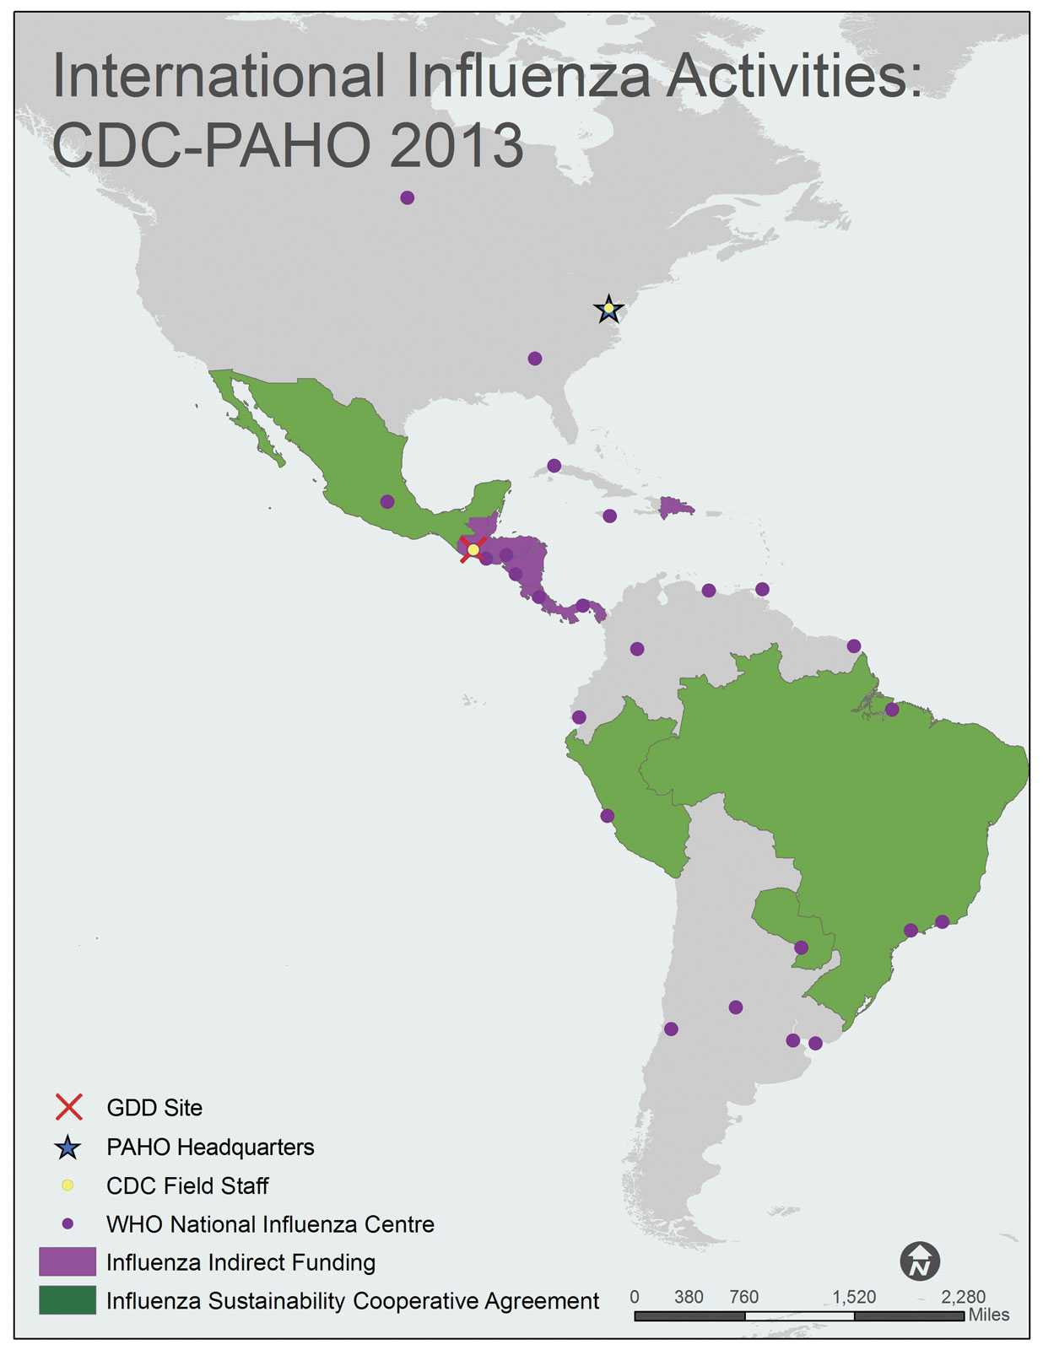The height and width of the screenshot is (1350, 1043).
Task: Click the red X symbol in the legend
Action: coord(68,1107)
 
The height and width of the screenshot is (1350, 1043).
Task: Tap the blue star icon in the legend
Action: coord(68,1147)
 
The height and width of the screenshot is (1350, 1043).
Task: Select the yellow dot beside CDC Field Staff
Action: coord(68,1185)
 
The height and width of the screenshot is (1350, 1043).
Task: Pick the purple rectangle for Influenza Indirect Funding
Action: coord(68,1262)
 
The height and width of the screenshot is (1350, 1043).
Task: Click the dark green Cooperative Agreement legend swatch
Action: coord(68,1300)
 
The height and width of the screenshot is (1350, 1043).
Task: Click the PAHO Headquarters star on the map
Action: coord(608,310)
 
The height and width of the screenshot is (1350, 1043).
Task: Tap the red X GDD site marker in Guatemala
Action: coord(473,549)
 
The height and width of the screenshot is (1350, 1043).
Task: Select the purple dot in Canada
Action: coord(407,197)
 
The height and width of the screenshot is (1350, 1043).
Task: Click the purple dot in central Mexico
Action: coord(387,501)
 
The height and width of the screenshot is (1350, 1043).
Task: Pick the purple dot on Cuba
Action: coord(554,466)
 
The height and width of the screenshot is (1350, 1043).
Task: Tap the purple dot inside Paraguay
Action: coord(801,948)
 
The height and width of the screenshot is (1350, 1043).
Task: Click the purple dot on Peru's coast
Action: coord(607,816)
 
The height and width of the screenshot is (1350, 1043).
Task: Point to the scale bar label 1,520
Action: coord(854,1297)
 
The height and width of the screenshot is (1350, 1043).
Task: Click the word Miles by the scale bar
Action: coord(988,1315)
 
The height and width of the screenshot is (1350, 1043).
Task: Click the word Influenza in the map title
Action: coord(528,76)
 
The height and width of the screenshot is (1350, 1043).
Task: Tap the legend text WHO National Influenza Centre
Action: coord(270,1224)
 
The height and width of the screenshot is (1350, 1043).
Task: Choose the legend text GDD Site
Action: coord(154,1108)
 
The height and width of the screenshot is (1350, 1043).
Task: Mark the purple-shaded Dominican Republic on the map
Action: coord(675,507)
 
